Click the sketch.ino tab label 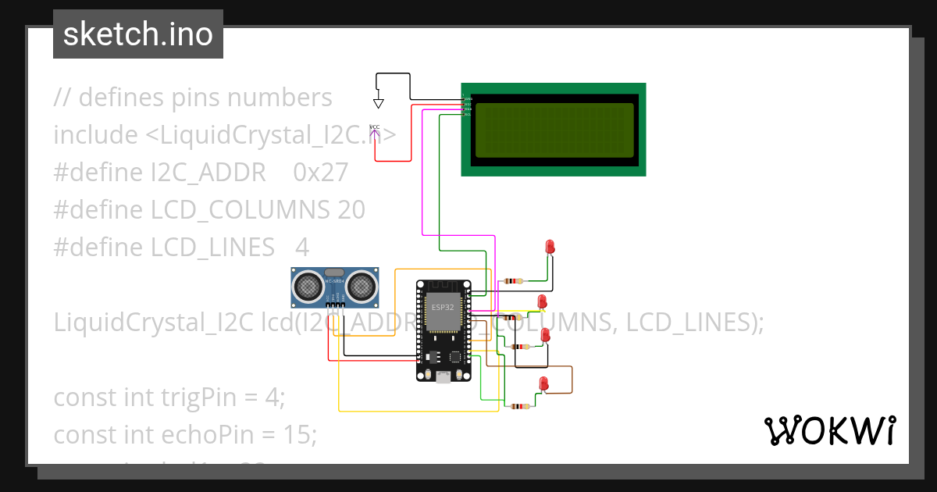(x=137, y=34)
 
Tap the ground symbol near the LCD (x=379, y=102)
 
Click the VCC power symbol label (x=375, y=127)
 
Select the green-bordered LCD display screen (x=554, y=130)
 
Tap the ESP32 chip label (x=442, y=307)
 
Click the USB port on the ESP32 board (x=444, y=378)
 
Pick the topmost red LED (x=550, y=247)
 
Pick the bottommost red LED (x=544, y=383)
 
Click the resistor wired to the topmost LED (x=514, y=280)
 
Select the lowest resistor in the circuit (x=518, y=406)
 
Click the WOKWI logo (x=829, y=430)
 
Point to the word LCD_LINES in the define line (x=212, y=247)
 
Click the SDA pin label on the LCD (x=468, y=109)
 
